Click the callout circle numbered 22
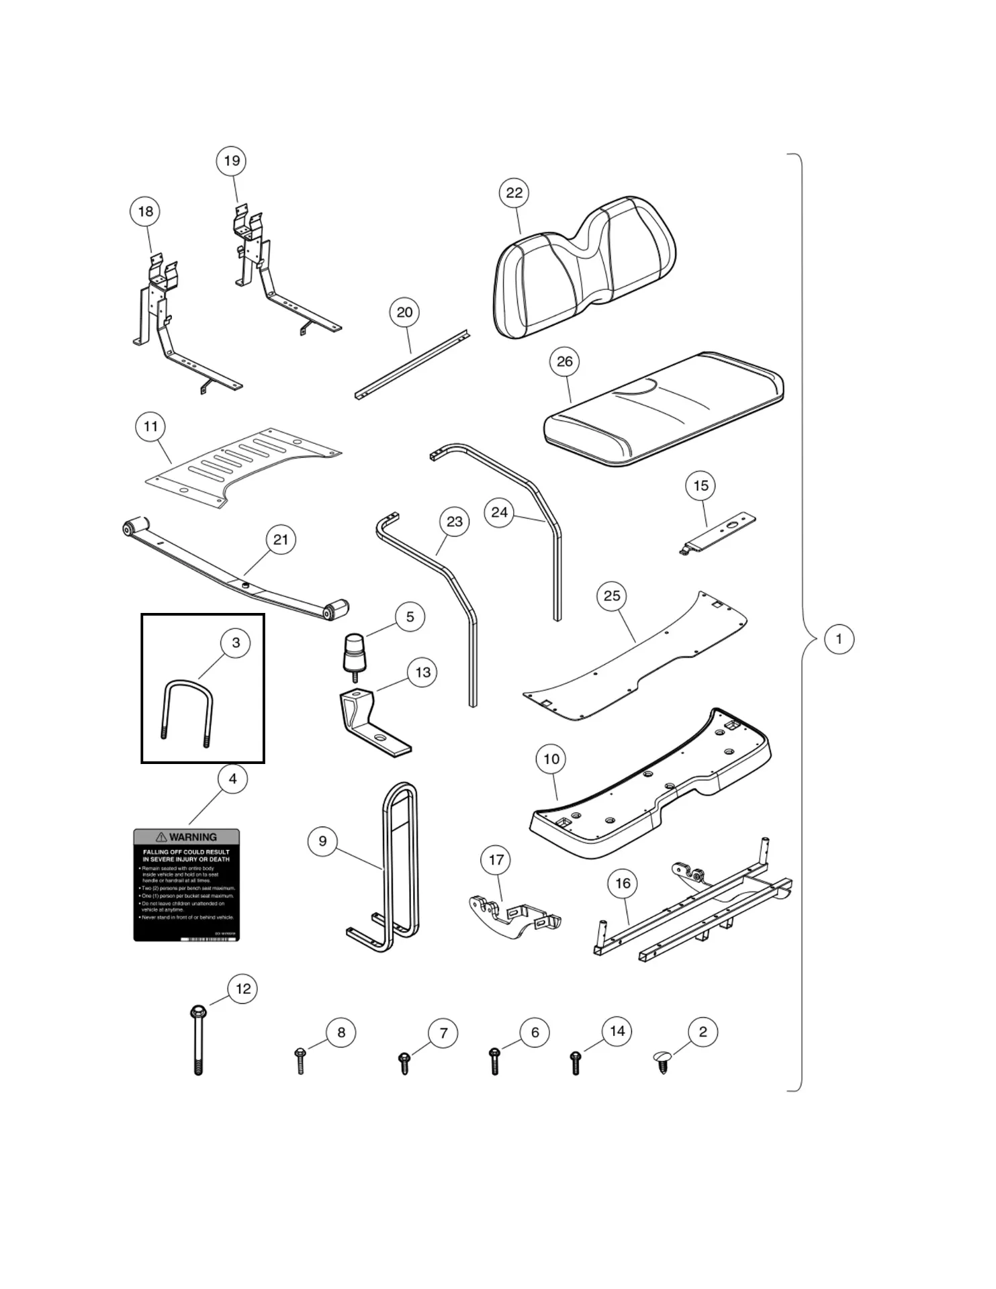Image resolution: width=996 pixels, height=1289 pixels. (x=514, y=193)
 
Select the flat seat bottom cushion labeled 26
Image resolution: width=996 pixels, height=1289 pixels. (x=662, y=410)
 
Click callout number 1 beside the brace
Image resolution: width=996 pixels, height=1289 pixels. (x=838, y=638)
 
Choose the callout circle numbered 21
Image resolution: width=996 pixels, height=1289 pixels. (x=281, y=540)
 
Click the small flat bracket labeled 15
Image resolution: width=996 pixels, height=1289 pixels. (x=719, y=534)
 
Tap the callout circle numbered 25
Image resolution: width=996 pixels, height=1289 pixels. (x=611, y=596)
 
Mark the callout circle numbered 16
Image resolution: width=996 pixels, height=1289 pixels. (x=623, y=884)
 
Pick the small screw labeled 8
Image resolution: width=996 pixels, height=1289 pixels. (x=300, y=1060)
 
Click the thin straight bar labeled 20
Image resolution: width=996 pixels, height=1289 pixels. (x=411, y=366)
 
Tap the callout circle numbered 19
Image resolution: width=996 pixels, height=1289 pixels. (x=231, y=161)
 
